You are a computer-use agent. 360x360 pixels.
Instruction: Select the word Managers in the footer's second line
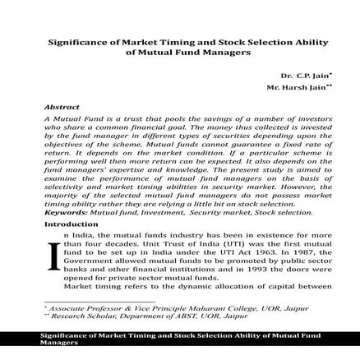point(58,345)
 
